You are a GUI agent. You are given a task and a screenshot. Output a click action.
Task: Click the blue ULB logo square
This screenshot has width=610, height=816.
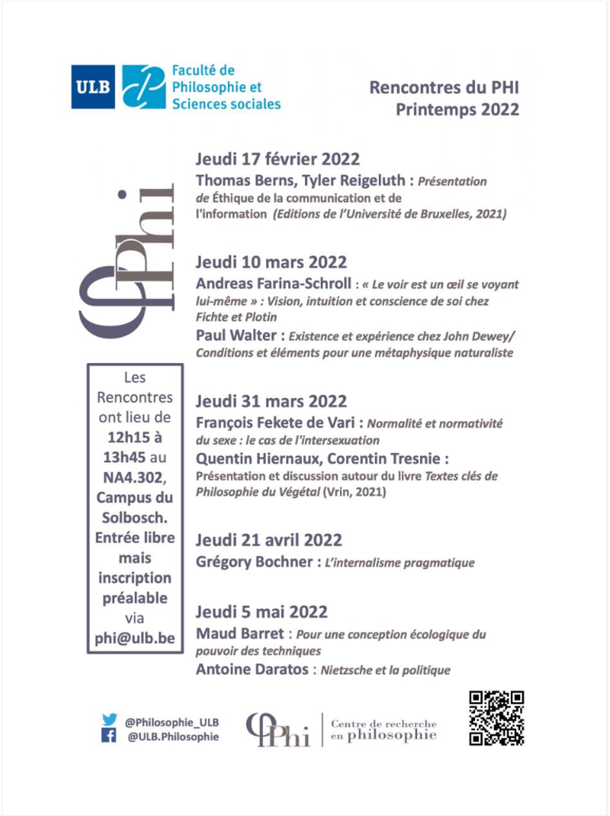click(x=93, y=87)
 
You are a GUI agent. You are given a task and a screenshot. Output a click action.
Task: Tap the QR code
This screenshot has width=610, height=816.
click(x=496, y=718)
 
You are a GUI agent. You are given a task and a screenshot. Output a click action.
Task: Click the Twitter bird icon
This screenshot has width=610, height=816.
click(x=109, y=719)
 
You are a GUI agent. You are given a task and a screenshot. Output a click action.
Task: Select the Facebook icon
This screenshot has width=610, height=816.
click(x=109, y=736)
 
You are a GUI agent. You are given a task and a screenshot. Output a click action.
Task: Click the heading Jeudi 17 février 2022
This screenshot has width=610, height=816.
click(x=278, y=159)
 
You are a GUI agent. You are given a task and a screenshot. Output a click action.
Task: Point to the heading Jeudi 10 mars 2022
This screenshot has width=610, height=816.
click(x=271, y=262)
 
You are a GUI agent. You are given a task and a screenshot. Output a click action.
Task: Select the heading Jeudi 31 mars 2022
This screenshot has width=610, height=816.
click(x=271, y=401)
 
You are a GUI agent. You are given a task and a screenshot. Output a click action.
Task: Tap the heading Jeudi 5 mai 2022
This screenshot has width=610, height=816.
click(x=262, y=612)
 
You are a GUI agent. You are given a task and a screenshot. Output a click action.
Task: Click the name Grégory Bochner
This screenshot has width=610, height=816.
click(x=254, y=563)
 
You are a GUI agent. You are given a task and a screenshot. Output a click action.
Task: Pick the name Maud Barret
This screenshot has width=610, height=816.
click(x=238, y=634)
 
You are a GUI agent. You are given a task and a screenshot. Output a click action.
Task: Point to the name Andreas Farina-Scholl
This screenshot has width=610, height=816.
click(x=273, y=284)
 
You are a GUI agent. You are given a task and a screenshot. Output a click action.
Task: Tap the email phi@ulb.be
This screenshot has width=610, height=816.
click(x=135, y=638)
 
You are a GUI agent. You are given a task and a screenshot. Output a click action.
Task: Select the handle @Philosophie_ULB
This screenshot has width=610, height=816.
click(x=172, y=720)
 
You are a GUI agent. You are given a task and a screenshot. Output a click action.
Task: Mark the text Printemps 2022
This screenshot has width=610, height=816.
click(x=457, y=109)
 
